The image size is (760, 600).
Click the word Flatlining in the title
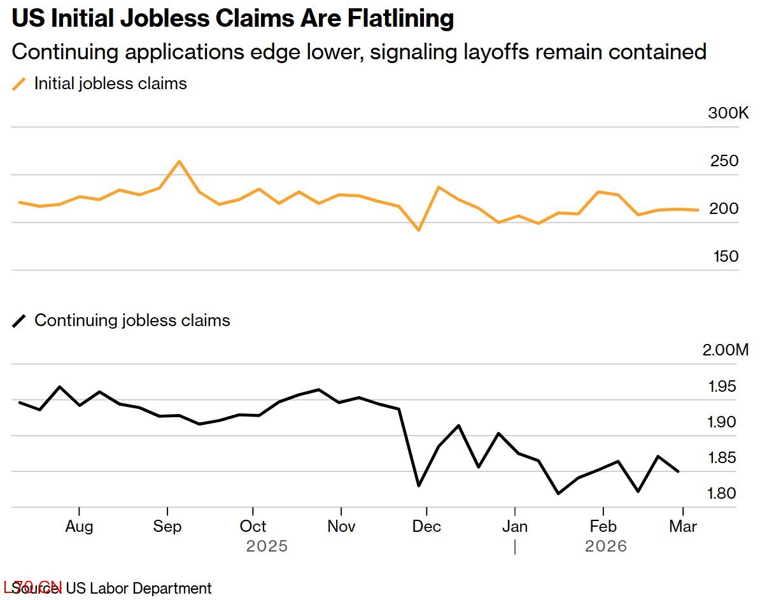point(400,19)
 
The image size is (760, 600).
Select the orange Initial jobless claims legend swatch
point(20,83)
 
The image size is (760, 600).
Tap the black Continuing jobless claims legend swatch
point(20,320)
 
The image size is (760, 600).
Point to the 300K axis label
point(728,113)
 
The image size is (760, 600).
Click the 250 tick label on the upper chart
point(724,161)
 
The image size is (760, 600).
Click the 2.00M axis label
point(725,350)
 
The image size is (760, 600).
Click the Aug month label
point(79,527)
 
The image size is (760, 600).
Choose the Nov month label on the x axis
point(342,527)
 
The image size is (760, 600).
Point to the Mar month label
point(683,527)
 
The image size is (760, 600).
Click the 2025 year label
point(267,546)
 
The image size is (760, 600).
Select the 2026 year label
point(606,546)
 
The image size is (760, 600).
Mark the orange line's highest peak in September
point(179,161)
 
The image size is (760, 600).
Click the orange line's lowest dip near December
point(418,230)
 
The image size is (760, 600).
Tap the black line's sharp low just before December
point(418,486)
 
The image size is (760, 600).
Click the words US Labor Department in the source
point(138,588)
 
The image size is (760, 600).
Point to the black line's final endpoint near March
point(679,472)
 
